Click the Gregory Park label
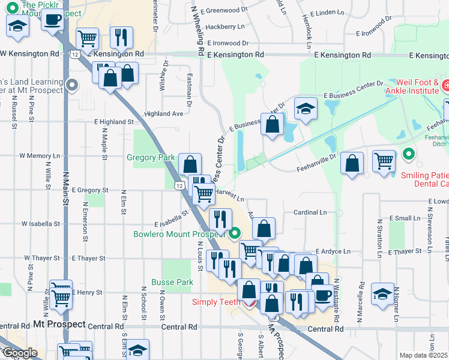tap(150, 158)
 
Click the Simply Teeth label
tap(216, 302)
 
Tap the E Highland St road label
tap(113, 122)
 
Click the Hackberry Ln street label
tap(225, 27)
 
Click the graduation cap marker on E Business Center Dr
tap(306, 109)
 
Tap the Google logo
tap(19, 353)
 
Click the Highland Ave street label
tap(163, 113)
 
